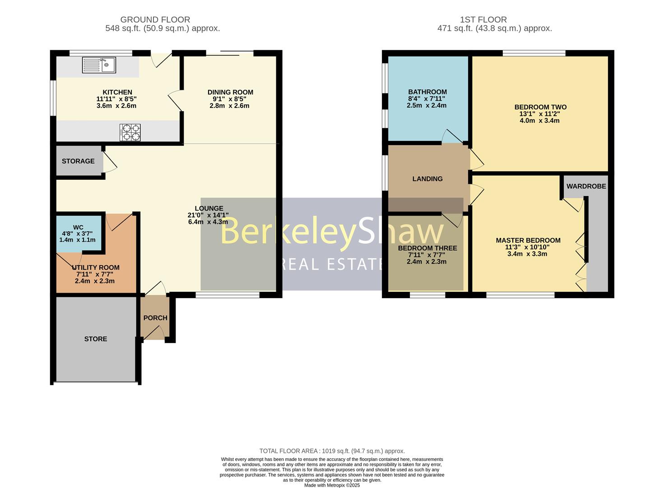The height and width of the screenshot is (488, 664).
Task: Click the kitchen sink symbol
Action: coord(99,65)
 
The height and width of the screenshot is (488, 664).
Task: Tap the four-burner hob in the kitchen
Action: coord(130,132)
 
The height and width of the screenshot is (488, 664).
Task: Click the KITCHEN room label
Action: coord(117,92)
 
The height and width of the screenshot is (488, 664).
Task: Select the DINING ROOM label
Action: coord(230,92)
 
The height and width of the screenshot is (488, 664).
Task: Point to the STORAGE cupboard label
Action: coord(78,161)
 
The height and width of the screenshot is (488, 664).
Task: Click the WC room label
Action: coord(78,228)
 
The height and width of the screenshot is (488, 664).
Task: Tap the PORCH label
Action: coord(155,318)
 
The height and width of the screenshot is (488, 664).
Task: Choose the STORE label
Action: coord(95,339)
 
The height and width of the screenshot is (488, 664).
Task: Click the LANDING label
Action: coord(427,178)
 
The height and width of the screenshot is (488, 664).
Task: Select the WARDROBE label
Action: coord(586,186)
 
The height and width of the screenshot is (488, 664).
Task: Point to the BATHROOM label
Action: coord(427,92)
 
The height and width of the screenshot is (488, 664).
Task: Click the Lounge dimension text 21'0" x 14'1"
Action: coord(208,215)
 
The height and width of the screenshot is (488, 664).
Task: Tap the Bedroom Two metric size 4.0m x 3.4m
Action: coord(539,121)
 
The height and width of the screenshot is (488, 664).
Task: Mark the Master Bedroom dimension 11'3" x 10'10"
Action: coord(527,247)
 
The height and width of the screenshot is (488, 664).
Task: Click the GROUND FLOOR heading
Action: coord(155,19)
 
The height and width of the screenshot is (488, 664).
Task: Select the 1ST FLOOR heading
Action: coord(483,19)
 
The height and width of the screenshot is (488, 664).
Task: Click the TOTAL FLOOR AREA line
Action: coord(332,451)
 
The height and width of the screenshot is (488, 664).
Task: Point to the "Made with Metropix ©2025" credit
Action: coord(332,485)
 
